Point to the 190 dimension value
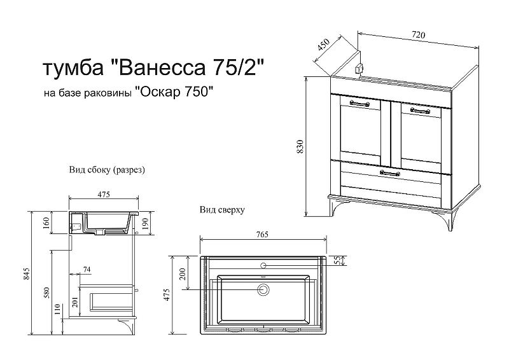(145, 222)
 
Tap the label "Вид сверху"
(222, 209)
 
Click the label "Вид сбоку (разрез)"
(108, 170)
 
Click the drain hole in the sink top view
(263, 290)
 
